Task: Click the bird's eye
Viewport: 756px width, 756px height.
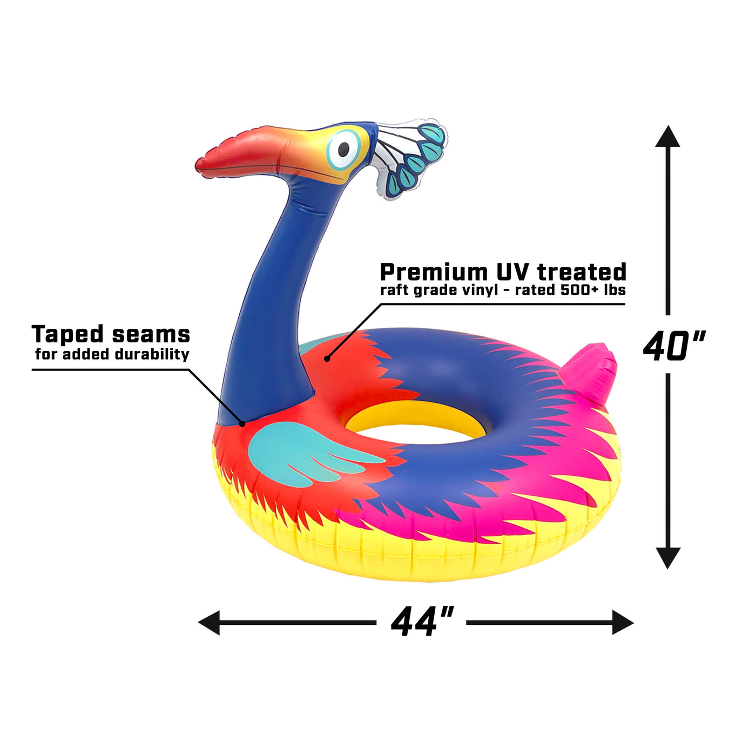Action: (x=343, y=149)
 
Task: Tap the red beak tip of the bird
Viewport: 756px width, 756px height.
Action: (x=201, y=164)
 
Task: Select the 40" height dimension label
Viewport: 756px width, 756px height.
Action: (x=673, y=346)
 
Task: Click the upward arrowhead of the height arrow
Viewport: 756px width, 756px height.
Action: (x=667, y=137)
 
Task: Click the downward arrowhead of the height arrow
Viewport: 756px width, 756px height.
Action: (x=667, y=558)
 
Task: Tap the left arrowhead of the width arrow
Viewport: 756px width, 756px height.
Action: (x=209, y=622)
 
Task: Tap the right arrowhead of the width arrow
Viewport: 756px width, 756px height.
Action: (x=623, y=622)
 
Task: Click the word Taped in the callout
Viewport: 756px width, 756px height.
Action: (x=67, y=335)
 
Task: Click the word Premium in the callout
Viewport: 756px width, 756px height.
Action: (x=433, y=272)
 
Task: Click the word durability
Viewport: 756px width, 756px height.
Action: (x=152, y=354)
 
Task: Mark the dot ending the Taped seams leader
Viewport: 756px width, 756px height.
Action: (x=242, y=424)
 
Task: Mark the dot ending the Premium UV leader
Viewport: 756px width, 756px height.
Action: (x=327, y=358)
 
